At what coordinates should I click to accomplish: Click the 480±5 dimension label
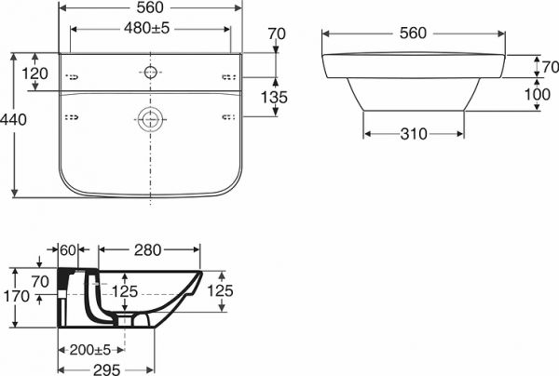147,28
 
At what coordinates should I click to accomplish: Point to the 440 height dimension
13,120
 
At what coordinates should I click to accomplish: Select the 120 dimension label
34,74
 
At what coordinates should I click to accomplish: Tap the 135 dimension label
274,97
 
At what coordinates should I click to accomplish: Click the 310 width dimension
414,134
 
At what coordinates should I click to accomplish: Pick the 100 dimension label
538,94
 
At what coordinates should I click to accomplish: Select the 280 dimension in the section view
147,250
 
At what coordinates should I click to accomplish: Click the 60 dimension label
68,250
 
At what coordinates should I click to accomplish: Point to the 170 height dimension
17,296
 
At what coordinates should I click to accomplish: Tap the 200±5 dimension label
90,350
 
